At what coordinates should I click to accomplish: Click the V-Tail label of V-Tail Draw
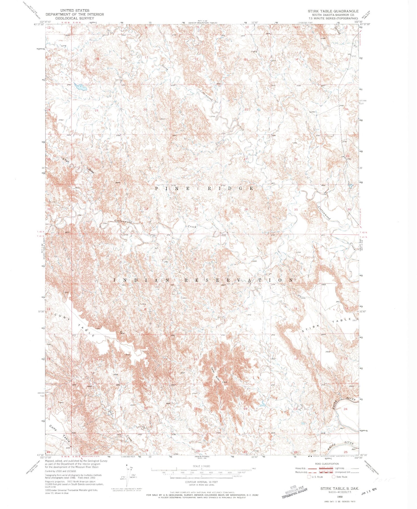(66, 160)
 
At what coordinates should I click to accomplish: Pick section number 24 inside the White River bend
(346, 409)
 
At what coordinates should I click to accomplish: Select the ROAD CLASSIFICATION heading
(327, 464)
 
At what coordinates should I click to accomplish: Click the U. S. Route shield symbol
(309, 477)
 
